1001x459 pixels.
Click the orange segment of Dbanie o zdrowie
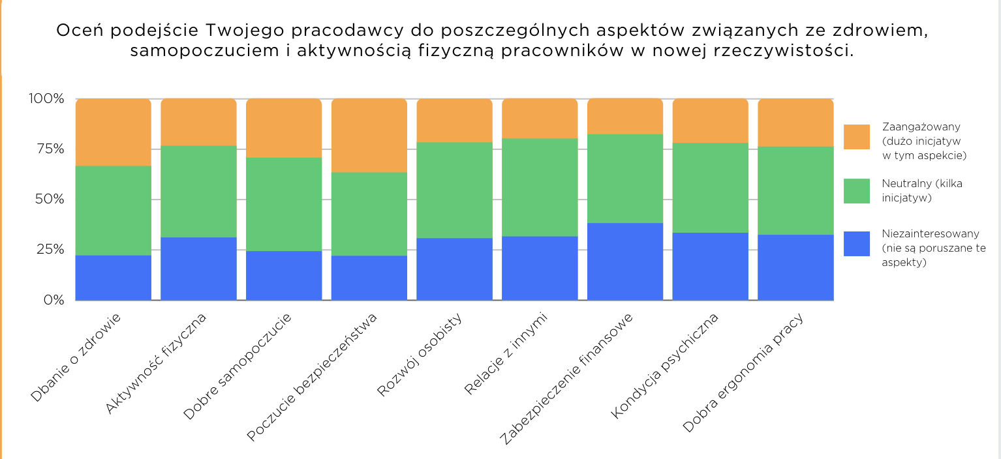(x=114, y=132)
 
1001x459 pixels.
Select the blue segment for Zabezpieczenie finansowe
(x=625, y=261)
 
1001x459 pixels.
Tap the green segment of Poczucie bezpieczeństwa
(x=369, y=214)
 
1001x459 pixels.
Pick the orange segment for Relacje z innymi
(x=540, y=119)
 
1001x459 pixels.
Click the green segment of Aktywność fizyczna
(x=198, y=191)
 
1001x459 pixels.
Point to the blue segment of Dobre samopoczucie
(x=284, y=275)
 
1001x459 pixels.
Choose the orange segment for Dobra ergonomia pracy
(x=795, y=123)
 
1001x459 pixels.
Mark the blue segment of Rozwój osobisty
(x=454, y=269)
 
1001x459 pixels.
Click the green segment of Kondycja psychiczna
(x=710, y=188)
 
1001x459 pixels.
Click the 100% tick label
(x=46, y=99)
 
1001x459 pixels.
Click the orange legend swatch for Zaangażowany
(x=856, y=137)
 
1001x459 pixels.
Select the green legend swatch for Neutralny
(x=856, y=190)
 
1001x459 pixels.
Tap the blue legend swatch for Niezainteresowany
(x=856, y=243)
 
